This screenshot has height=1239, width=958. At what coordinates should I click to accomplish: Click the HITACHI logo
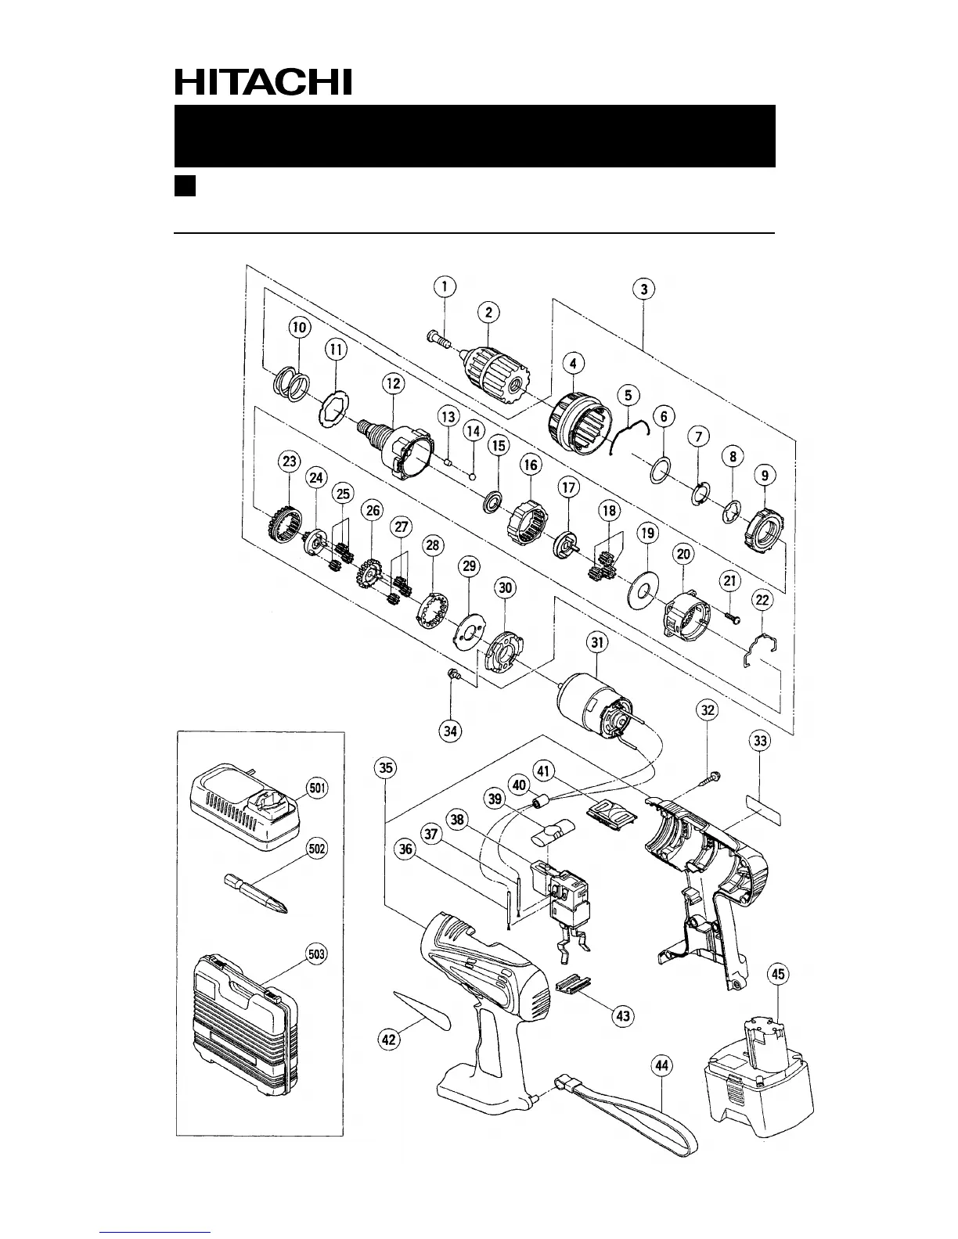pyautogui.click(x=262, y=81)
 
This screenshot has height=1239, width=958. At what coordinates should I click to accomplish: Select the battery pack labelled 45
pyautogui.click(x=758, y=1072)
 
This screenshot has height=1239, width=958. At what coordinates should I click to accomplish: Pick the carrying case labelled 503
pyautogui.click(x=242, y=1014)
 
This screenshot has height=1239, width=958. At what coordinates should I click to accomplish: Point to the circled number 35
pyautogui.click(x=386, y=768)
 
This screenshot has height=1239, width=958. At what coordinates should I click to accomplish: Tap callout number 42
pyautogui.click(x=390, y=1039)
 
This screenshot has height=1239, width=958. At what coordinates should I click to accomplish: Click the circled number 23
pyautogui.click(x=290, y=462)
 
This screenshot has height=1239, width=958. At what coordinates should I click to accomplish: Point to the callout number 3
pyautogui.click(x=643, y=289)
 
